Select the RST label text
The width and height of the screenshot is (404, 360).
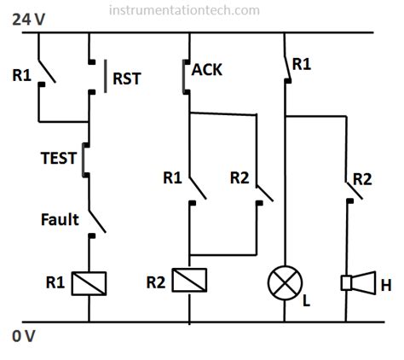[x=127, y=78]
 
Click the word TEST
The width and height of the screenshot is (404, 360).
[x=59, y=158]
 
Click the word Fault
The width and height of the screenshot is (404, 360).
[x=60, y=219]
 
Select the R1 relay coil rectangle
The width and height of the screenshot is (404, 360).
[x=89, y=281]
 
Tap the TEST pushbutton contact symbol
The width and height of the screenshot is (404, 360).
[x=87, y=160]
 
